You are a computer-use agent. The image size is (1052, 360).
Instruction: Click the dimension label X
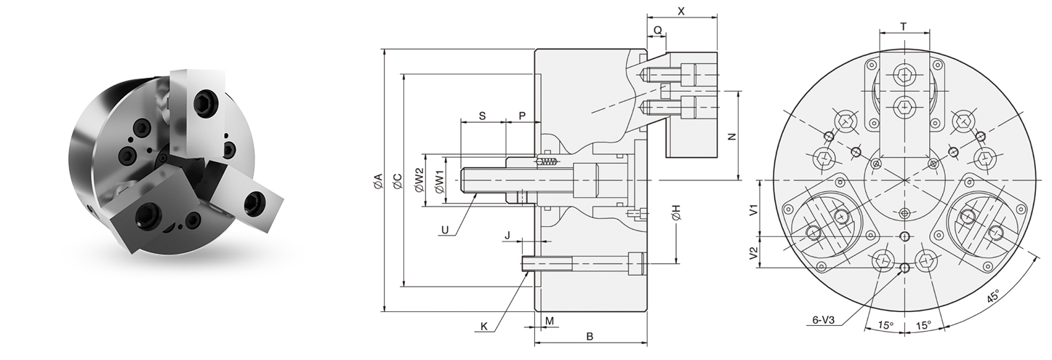(x=681, y=12)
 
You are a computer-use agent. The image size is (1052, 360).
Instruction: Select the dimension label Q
(x=657, y=31)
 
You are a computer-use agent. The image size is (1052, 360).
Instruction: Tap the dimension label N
(x=732, y=136)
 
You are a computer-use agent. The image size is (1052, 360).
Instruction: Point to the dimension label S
(x=482, y=116)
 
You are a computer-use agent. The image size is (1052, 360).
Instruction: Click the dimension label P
(x=522, y=116)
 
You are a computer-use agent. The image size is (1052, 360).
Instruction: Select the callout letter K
(x=483, y=327)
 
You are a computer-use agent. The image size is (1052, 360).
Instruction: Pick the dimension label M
(x=550, y=320)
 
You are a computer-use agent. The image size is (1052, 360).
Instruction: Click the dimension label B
(x=590, y=336)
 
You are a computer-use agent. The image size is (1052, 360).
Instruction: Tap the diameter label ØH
(x=676, y=213)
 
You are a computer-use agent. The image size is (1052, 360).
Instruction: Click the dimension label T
(x=903, y=26)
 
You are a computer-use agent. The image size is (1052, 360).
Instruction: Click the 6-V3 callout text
(x=824, y=319)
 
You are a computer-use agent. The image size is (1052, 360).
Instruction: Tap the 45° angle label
(x=992, y=297)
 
